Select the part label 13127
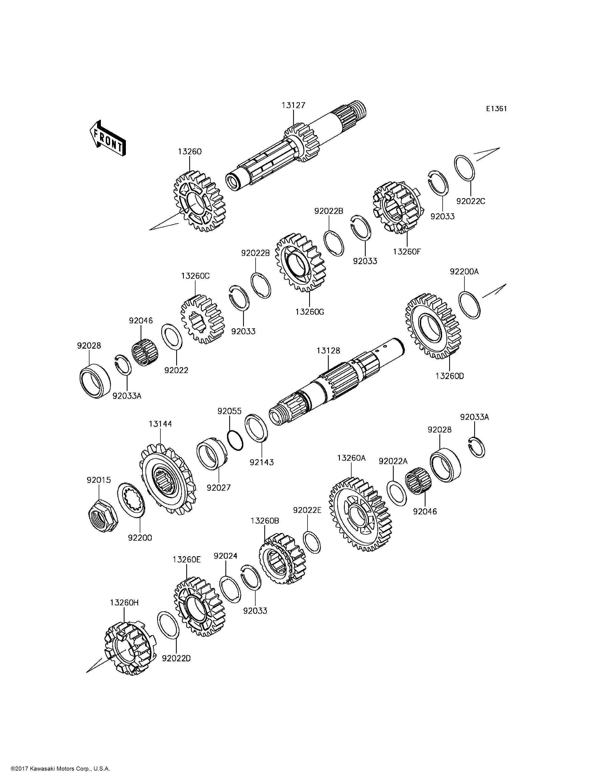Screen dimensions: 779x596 tap(293, 105)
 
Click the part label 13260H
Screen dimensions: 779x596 tap(124, 602)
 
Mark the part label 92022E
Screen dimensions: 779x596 tap(307, 510)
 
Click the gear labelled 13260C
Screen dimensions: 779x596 tap(203, 319)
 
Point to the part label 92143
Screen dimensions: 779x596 tap(262, 462)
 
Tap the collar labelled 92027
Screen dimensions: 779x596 tap(212, 453)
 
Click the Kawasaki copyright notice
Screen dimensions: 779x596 tap(60, 769)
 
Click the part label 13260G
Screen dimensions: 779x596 tap(310, 312)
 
